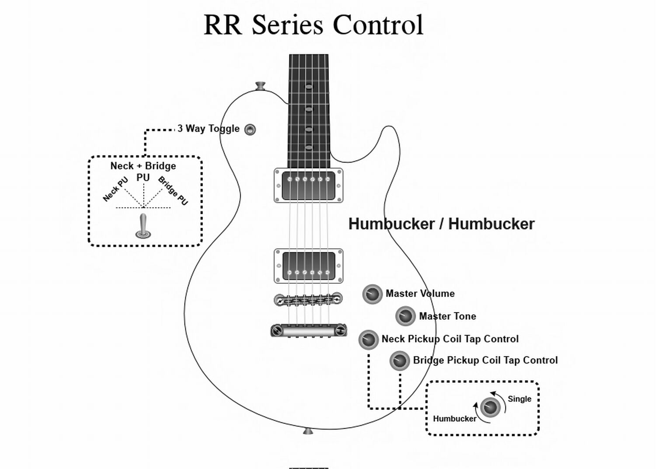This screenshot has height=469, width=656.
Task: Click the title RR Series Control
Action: pyautogui.click(x=314, y=25)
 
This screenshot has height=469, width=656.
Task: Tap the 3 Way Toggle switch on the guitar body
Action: pyautogui.click(x=250, y=130)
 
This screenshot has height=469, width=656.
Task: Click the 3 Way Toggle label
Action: pyautogui.click(x=209, y=129)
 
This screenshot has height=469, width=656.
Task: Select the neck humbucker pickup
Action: pyautogui.click(x=308, y=186)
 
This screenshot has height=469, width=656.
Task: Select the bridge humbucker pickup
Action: pyautogui.click(x=308, y=266)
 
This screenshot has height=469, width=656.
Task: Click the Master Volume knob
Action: pyautogui.click(x=373, y=294)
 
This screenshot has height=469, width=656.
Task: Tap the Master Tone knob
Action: pyautogui.click(x=405, y=316)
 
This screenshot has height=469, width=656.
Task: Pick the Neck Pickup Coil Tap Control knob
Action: pyautogui.click(x=368, y=340)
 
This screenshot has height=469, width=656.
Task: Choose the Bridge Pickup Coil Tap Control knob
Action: pyautogui.click(x=399, y=361)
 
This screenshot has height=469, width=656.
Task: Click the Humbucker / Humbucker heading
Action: pyautogui.click(x=441, y=224)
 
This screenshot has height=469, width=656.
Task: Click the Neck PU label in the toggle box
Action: pyautogui.click(x=115, y=189)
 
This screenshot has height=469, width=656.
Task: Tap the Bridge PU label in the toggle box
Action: pyautogui.click(x=173, y=190)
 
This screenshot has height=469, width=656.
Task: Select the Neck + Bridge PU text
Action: pyautogui.click(x=143, y=171)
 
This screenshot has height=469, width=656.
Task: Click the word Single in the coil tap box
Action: pyautogui.click(x=519, y=399)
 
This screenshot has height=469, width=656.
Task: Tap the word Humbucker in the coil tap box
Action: pyautogui.click(x=454, y=419)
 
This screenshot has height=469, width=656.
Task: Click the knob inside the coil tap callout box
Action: pyautogui.click(x=490, y=407)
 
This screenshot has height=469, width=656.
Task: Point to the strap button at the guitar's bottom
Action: pyautogui.click(x=308, y=431)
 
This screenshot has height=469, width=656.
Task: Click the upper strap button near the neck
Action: pyautogui.click(x=261, y=85)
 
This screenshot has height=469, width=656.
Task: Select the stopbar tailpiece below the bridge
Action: pyautogui.click(x=308, y=331)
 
